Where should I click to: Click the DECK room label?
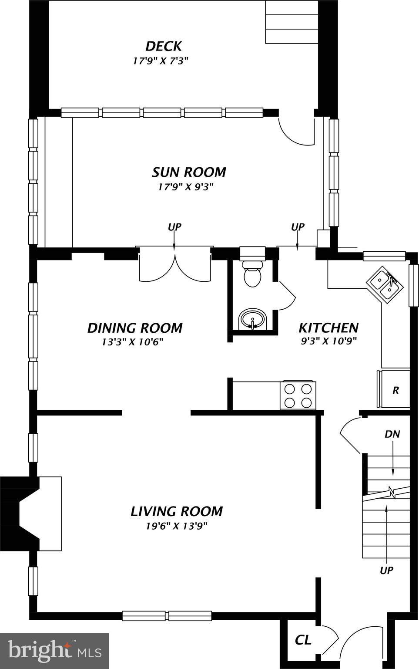[x=163, y=46]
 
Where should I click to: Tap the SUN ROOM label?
[x=189, y=172]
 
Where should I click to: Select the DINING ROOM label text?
[x=134, y=328]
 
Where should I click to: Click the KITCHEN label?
[x=328, y=328]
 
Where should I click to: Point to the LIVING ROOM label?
[x=177, y=511]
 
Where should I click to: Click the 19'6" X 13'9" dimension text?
[x=177, y=526]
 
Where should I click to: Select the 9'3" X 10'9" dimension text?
[x=328, y=341]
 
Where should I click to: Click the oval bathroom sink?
[x=252, y=319]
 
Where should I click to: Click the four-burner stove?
[x=298, y=396]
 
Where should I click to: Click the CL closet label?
[x=303, y=640]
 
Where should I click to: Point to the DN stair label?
[x=392, y=434]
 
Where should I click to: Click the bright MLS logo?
[x=54, y=652]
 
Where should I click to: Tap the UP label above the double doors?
[x=174, y=227]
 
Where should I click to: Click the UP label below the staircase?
[x=386, y=571]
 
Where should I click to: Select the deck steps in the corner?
[x=292, y=22]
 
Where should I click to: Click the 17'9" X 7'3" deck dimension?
[x=161, y=61]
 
